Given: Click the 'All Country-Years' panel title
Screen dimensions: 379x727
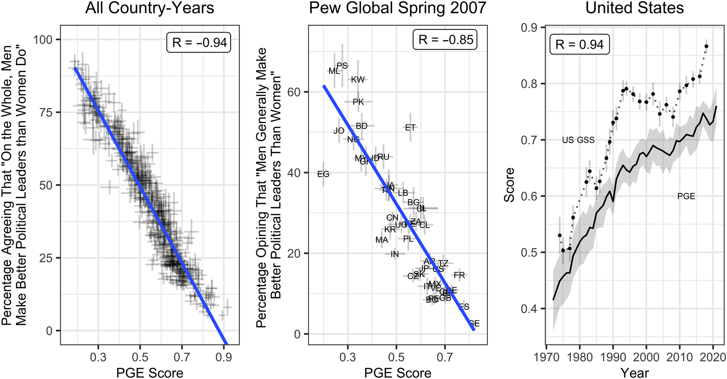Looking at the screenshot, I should tap(149, 8).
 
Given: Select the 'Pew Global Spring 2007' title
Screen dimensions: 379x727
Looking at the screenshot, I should tap(397, 8).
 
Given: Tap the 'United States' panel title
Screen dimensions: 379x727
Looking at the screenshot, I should tap(634, 8).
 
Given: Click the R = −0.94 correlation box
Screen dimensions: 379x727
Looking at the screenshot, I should tap(199, 42).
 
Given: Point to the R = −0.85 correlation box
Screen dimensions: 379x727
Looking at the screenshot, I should tap(445, 40).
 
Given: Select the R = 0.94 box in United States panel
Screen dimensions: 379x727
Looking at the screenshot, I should tap(579, 44).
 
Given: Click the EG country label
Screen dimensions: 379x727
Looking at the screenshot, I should tap(323, 174).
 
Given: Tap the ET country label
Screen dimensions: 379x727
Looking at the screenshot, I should tap(410, 128).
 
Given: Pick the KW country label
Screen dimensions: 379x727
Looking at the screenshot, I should tap(358, 80).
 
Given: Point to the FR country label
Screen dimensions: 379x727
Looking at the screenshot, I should tap(459, 275).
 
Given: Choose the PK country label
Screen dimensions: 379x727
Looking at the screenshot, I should tap(358, 102).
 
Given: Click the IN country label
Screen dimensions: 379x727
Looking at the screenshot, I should tap(395, 254).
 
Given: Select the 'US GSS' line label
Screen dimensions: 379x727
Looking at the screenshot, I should tap(578, 140).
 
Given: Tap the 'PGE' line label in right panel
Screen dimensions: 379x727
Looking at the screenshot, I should tap(686, 196).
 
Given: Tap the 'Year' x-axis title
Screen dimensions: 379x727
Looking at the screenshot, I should tap(634, 372).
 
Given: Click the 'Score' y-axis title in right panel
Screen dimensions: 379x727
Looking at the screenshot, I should tap(509, 185).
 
